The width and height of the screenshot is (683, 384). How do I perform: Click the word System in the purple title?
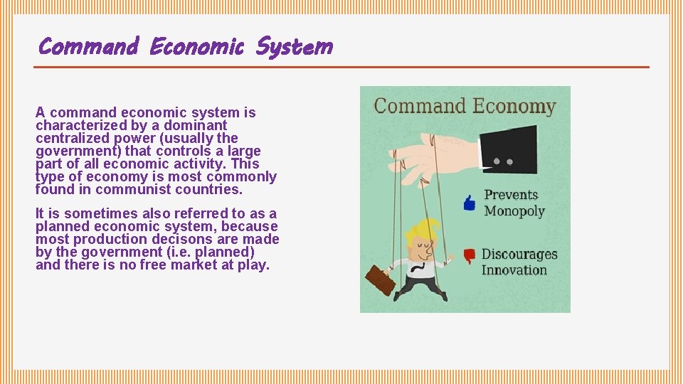tap(294, 47)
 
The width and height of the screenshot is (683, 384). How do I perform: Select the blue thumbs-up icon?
tap(470, 203)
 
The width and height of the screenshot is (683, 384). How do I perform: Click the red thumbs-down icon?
tap(469, 256)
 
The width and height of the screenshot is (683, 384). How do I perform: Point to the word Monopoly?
tap(514, 211)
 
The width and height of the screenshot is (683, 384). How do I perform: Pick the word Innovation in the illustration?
tap(514, 270)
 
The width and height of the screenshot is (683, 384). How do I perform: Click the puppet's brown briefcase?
tap(381, 280)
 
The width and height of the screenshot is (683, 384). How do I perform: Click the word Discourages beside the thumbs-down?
tap(519, 255)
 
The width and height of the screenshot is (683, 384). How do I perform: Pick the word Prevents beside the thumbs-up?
tap(511, 195)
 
